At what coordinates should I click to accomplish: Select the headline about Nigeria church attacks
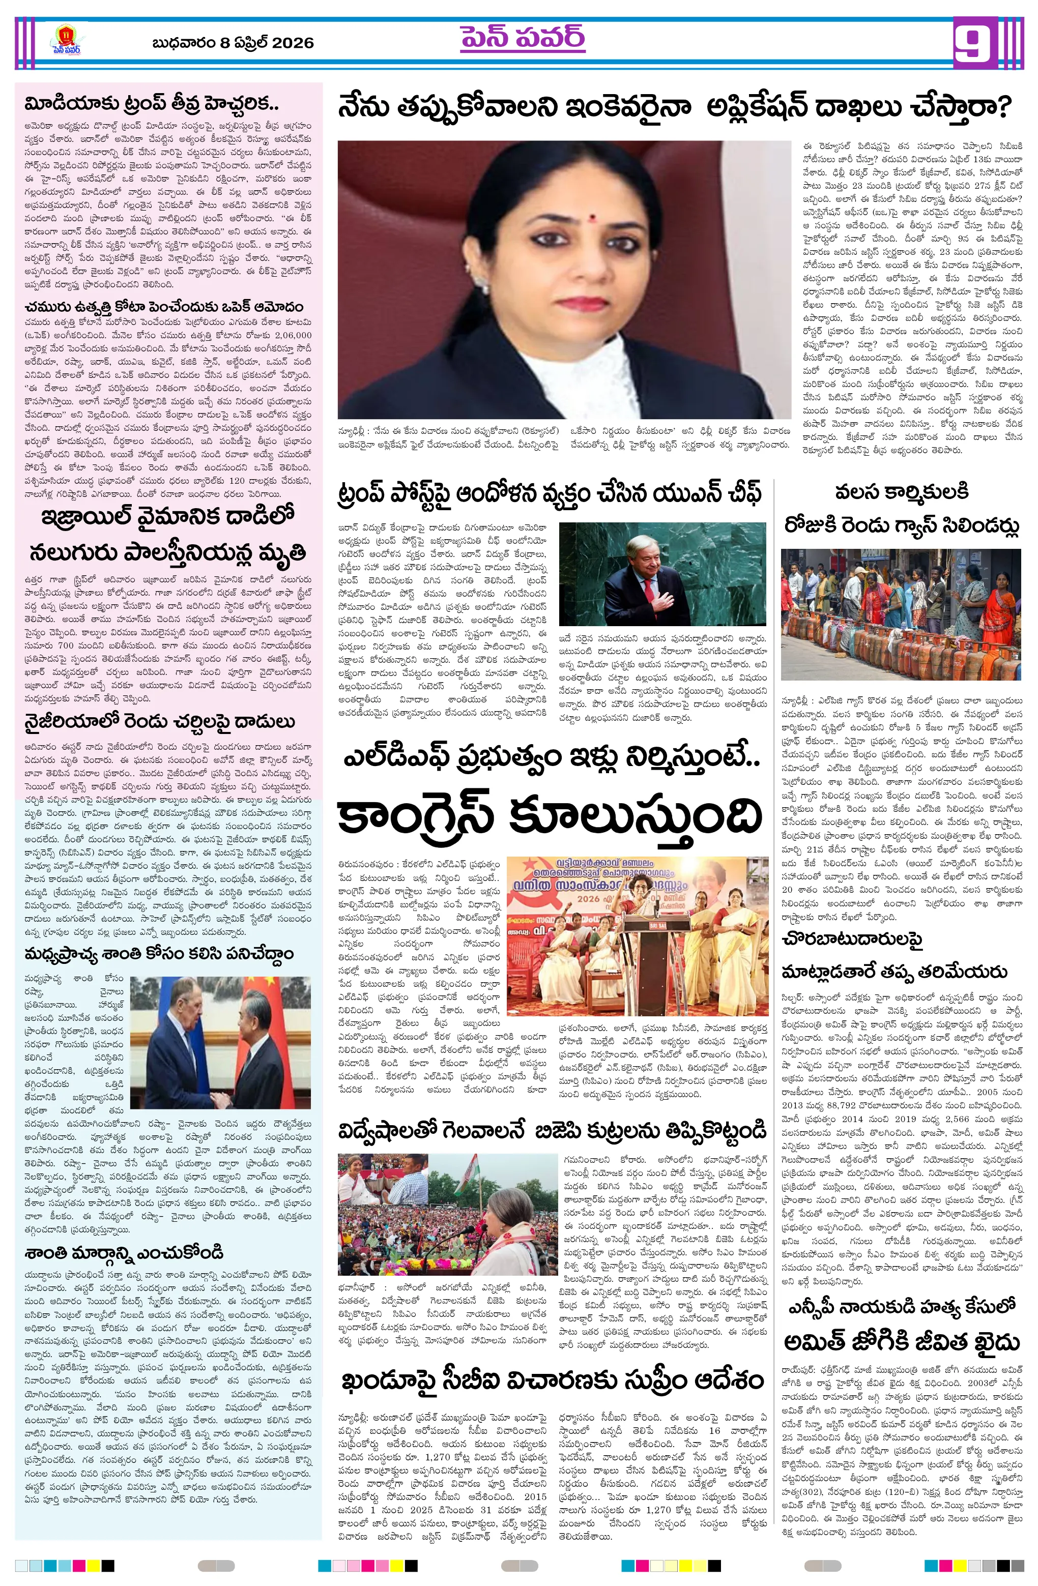(159, 722)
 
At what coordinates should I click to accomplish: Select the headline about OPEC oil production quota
(164, 307)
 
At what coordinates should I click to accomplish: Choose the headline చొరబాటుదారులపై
(851, 939)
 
